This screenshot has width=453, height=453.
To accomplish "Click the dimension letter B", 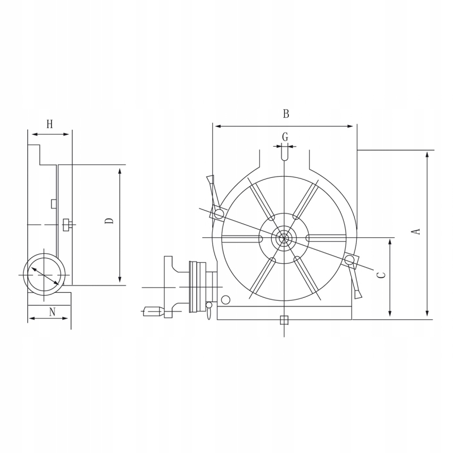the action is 286,114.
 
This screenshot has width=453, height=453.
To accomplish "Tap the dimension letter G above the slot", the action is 285,136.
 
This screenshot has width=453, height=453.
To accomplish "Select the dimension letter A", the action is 416,232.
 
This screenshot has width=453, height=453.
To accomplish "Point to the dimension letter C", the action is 382,275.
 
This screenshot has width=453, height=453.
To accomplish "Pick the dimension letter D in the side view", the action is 109,221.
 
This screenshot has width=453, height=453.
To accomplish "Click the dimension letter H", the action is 50,124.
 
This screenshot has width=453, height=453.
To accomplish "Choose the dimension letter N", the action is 52,312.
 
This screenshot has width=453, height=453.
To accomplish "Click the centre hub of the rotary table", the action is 284,238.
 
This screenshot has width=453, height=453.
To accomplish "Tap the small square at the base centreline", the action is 284,320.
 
